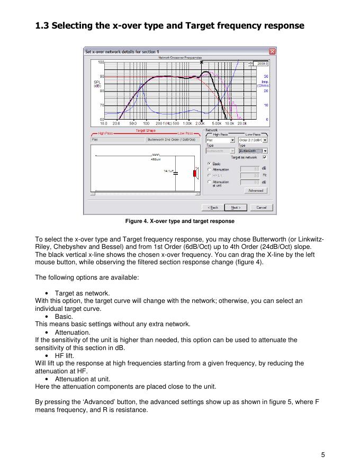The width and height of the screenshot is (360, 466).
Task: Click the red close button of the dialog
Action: [x=272, y=51]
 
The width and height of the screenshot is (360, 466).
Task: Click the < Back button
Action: [x=213, y=207]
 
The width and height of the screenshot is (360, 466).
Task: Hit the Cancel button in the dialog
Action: [x=261, y=207]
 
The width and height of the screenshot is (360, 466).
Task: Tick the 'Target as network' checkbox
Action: [x=265, y=157]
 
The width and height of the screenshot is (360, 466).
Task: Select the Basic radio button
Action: [x=209, y=164]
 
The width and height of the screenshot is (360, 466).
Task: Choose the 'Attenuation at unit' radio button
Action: [x=209, y=182]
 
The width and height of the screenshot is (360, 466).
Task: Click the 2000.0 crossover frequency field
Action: [x=261, y=63]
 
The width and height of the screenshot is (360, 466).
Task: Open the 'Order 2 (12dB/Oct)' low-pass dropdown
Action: [x=265, y=140]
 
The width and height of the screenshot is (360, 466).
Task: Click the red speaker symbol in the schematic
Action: [x=194, y=174]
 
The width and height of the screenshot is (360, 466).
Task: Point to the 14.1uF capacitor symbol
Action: [x=176, y=172]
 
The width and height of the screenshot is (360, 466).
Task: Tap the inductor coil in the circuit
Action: [x=156, y=155]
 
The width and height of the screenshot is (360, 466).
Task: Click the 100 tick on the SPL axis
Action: [x=101, y=62]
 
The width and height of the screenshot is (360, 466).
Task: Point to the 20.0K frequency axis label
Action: [x=242, y=123]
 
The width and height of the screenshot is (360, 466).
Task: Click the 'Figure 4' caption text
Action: [x=179, y=221]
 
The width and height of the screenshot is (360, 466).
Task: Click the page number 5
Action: [x=322, y=454]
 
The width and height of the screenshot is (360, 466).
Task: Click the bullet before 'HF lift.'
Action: [x=48, y=356]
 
